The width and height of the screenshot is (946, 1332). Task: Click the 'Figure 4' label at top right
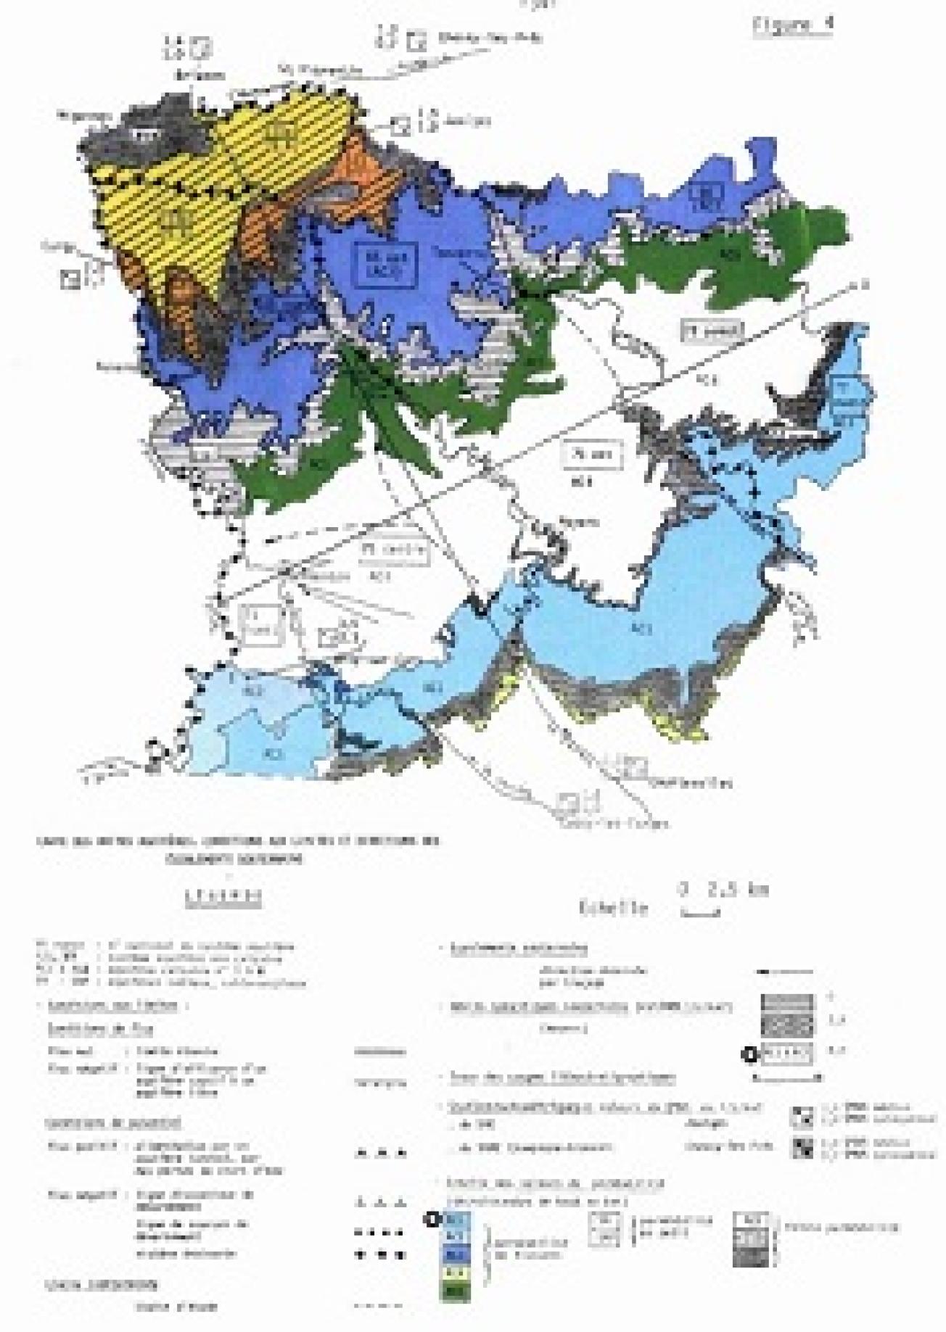[793, 24]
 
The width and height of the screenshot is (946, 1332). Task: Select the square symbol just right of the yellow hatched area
[401, 125]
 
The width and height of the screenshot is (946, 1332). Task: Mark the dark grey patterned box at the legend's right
[750, 1253]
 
